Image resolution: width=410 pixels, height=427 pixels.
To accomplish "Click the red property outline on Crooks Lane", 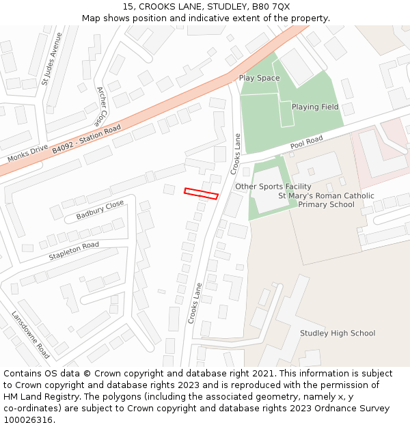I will (x=201, y=193).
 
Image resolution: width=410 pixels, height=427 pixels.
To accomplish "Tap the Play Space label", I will (x=259, y=78).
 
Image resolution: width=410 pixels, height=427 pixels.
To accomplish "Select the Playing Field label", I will (x=315, y=107).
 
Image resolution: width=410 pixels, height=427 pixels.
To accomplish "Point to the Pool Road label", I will (x=306, y=142).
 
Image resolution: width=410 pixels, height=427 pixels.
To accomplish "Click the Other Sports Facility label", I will (x=273, y=187).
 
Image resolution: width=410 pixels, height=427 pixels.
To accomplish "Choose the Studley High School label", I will (x=338, y=333).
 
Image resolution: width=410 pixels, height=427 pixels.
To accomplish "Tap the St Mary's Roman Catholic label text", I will (x=326, y=196).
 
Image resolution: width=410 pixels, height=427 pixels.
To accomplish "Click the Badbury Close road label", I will (x=100, y=210).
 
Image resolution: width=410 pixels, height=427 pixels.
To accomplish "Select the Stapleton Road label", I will (x=74, y=251).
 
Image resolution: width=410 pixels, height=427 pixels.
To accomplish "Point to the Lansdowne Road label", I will (x=31, y=335).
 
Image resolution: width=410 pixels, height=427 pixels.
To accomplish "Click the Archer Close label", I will (x=102, y=105).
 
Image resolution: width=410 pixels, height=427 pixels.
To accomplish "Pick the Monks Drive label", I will (x=27, y=153).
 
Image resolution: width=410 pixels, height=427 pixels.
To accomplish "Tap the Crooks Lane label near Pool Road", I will (x=236, y=153).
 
